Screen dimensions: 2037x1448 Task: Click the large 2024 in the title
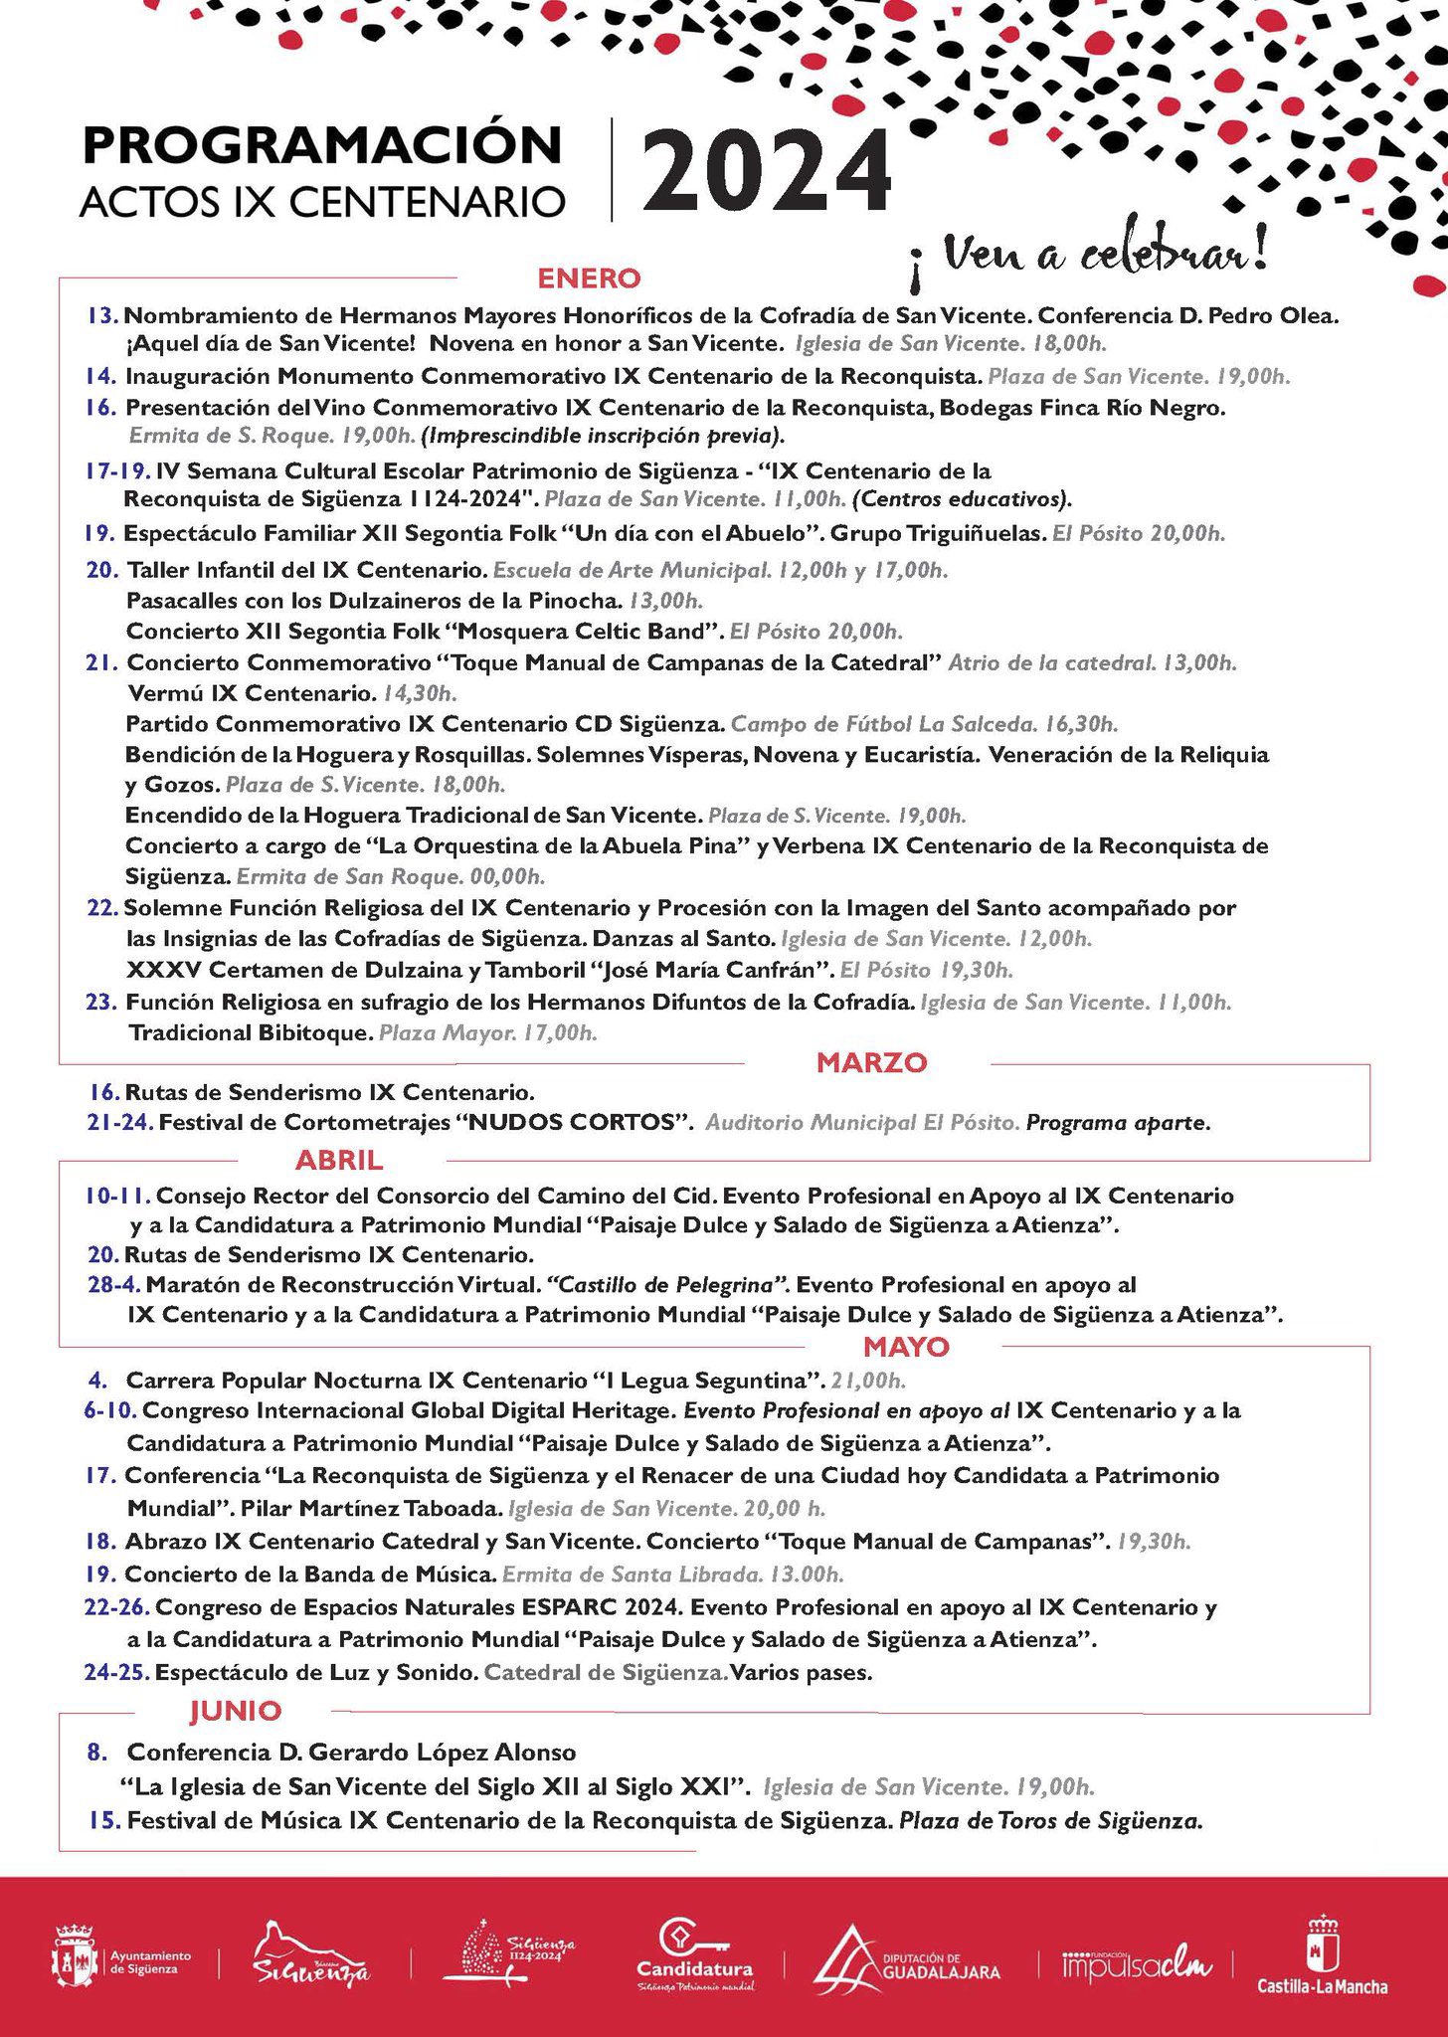click(x=766, y=170)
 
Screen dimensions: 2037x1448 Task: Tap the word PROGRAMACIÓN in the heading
click(x=322, y=145)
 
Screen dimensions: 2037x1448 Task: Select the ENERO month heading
click(x=589, y=278)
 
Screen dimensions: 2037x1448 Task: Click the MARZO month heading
click(x=871, y=1062)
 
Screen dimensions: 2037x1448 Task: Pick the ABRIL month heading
click(x=338, y=1160)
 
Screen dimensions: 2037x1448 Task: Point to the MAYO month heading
click(x=906, y=1347)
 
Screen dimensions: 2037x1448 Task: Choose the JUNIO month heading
click(x=236, y=1711)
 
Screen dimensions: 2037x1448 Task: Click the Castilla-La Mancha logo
click(x=1322, y=1955)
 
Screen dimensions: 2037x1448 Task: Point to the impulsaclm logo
click(x=1137, y=1959)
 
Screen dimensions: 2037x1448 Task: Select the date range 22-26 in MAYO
click(x=117, y=1607)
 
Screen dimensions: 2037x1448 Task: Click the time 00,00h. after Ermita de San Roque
click(x=508, y=877)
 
